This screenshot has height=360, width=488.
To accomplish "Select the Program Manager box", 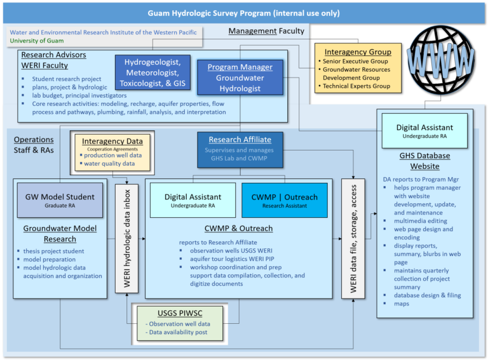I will (240, 77).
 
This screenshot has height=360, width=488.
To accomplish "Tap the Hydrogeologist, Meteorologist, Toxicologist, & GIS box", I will (152, 72).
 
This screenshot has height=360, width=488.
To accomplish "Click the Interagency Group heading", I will (358, 51).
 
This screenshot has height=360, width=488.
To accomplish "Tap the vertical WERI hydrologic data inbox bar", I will (126, 238).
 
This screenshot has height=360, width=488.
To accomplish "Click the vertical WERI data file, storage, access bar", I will (353, 238).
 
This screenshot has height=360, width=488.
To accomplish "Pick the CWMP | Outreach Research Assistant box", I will (284, 200).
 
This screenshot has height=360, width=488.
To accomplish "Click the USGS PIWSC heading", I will (178, 312).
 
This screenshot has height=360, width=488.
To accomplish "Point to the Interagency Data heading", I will (112, 140).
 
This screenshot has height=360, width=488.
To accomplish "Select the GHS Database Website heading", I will (424, 161).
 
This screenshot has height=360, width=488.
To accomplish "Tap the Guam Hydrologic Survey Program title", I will (243, 12).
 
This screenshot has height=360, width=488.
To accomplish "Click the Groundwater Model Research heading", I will (60, 234).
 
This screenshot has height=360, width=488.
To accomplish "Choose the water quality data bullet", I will (108, 163).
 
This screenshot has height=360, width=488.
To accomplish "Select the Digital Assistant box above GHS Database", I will (424, 131).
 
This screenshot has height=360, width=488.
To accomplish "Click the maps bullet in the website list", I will (401, 303).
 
